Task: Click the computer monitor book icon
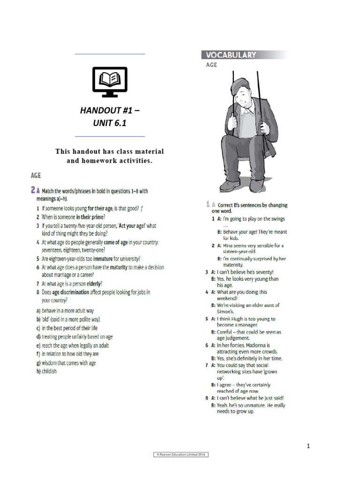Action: click(110, 82)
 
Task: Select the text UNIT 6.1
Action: click(110, 124)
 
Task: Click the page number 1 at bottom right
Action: click(308, 446)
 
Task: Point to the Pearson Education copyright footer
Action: click(181, 455)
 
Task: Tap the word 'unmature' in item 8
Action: click(254, 405)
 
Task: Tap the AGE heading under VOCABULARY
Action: click(211, 65)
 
